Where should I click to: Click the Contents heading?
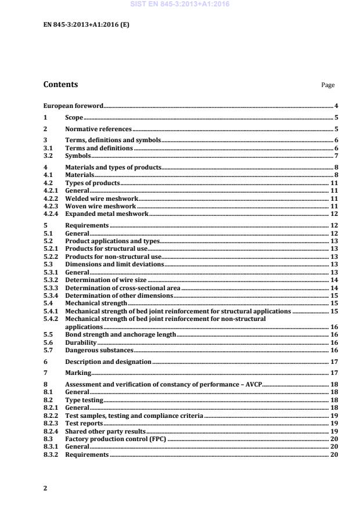[60, 85]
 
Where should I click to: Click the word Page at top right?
[328, 85]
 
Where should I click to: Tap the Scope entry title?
[74, 118]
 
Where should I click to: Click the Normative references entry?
[98, 129]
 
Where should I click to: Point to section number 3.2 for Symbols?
[48, 156]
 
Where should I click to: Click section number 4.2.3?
[51, 206]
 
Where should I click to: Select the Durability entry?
[80, 342]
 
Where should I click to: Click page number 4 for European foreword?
[336, 106]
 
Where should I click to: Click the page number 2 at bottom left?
[45, 488]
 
